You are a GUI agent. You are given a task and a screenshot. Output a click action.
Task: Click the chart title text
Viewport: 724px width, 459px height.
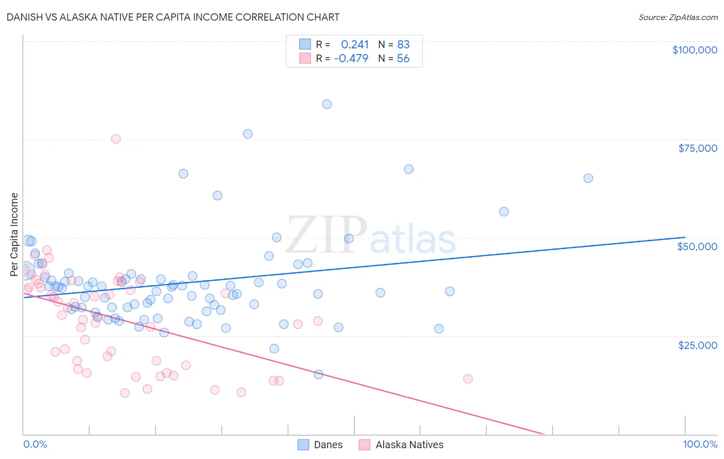click(x=173, y=17)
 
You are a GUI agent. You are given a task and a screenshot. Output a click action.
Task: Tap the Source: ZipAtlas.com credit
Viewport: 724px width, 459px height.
click(x=678, y=17)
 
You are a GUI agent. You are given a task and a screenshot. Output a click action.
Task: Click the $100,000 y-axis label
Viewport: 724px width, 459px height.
click(x=695, y=50)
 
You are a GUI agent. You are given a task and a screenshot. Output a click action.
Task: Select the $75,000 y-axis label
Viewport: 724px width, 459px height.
click(x=698, y=148)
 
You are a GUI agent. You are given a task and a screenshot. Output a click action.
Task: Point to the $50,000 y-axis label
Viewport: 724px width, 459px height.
click(x=697, y=246)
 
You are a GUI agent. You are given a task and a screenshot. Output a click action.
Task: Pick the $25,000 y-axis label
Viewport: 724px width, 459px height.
click(x=698, y=345)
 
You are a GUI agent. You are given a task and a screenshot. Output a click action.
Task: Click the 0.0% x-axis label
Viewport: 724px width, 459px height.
click(x=35, y=444)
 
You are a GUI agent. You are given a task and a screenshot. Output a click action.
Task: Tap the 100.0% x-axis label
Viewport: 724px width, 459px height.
click(x=700, y=444)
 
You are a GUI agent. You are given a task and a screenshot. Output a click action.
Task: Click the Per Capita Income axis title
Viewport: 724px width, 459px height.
click(x=14, y=234)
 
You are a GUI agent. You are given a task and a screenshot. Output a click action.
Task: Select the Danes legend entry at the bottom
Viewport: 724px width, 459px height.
click(x=328, y=445)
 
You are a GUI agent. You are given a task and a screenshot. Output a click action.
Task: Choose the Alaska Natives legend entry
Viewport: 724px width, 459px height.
click(x=409, y=445)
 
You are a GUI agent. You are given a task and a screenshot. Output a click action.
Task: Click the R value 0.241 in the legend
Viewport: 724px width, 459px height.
click(x=355, y=44)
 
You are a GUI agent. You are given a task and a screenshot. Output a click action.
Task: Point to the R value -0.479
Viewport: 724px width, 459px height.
click(x=351, y=58)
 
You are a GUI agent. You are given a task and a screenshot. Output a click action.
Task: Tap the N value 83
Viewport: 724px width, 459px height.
click(x=403, y=44)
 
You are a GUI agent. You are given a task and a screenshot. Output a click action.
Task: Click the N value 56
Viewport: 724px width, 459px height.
click(x=403, y=58)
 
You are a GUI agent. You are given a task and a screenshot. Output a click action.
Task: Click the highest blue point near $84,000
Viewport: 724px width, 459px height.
click(x=327, y=104)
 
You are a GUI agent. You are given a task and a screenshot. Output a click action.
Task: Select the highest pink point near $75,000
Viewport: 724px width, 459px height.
click(x=116, y=139)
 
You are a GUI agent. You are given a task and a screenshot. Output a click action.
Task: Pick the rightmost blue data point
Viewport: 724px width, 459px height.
click(x=588, y=178)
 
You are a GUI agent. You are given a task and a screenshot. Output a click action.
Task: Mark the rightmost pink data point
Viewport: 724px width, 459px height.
click(x=468, y=379)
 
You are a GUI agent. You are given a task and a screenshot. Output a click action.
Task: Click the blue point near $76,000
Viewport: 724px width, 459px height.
click(x=248, y=134)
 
